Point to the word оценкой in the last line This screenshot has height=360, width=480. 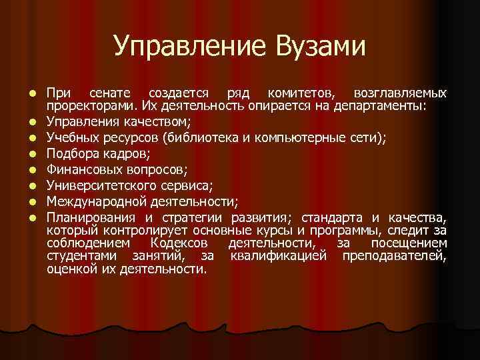click(68, 269)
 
